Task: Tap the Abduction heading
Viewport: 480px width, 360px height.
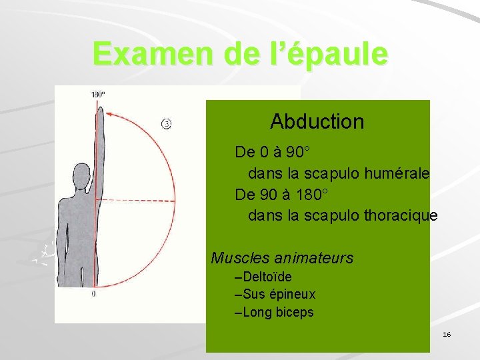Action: (x=317, y=121)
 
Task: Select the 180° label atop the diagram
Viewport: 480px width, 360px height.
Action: (x=98, y=94)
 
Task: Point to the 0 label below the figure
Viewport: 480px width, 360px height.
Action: (x=93, y=293)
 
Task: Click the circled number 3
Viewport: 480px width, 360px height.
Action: (x=167, y=123)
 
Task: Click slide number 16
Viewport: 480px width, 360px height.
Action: (x=447, y=333)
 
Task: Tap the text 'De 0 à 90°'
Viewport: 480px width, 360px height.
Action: (x=275, y=151)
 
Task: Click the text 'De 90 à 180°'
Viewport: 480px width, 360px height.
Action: (x=281, y=195)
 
